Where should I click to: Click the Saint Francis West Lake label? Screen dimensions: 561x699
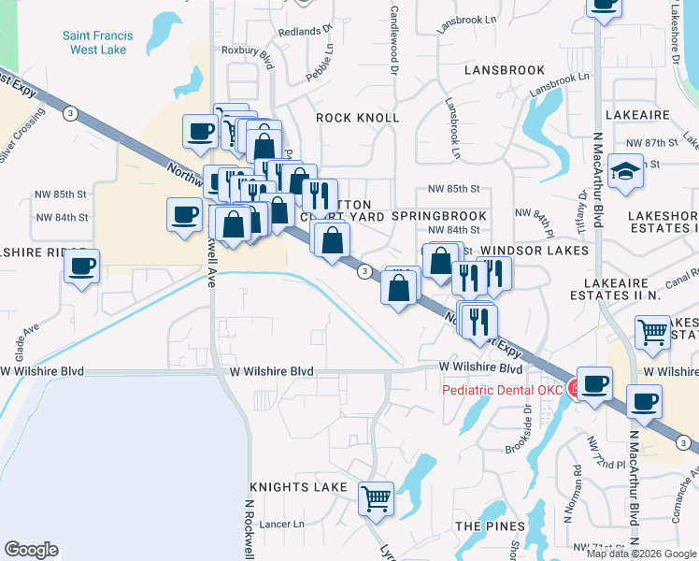(x=97, y=42)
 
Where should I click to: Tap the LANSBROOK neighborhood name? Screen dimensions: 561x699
(x=505, y=70)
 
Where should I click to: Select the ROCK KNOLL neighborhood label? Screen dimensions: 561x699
(x=357, y=118)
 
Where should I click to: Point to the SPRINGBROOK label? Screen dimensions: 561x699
(x=439, y=216)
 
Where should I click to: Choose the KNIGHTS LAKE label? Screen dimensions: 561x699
(x=298, y=488)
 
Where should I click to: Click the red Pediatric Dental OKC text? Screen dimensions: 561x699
(x=503, y=390)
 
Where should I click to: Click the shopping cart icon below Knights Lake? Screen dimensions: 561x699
(x=376, y=499)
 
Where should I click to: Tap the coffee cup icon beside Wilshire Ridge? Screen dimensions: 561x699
(x=82, y=267)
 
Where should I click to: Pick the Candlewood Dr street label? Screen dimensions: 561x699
(x=393, y=39)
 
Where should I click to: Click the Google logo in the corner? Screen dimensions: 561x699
(x=31, y=550)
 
